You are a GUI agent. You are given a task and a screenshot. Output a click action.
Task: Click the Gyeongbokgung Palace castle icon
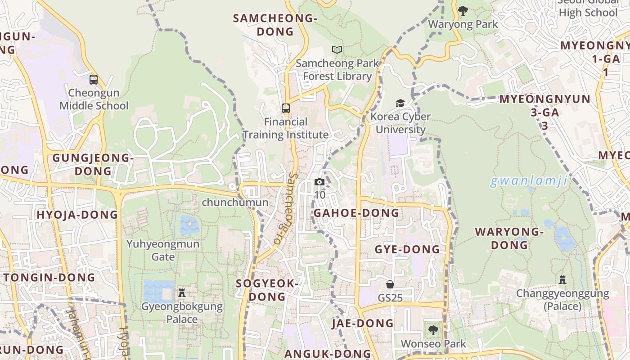(x=182, y=293)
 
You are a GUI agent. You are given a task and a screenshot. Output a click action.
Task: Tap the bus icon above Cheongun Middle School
(x=94, y=80)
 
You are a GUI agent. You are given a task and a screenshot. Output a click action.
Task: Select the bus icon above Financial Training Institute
(x=286, y=108)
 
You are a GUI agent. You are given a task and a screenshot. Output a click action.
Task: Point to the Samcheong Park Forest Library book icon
(x=337, y=50)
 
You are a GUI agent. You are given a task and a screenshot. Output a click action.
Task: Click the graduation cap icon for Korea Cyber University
(x=400, y=103)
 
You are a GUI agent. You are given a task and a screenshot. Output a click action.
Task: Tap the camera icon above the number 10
(x=319, y=182)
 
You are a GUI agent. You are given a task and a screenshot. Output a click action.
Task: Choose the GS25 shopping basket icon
(x=390, y=284)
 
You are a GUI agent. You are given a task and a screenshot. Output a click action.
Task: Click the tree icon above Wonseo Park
(x=433, y=330)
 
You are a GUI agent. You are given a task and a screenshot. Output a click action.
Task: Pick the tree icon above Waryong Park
(x=463, y=10)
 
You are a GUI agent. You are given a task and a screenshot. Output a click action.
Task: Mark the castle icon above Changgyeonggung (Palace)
(x=562, y=280)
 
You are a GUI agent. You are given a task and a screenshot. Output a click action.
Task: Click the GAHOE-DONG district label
(x=356, y=213)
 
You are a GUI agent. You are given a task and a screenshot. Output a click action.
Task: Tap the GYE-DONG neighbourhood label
(x=407, y=249)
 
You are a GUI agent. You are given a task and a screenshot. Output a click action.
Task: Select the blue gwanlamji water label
(x=528, y=181)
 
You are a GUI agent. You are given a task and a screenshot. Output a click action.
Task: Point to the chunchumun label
(x=235, y=202)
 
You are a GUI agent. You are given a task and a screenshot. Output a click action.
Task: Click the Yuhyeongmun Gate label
(x=163, y=250)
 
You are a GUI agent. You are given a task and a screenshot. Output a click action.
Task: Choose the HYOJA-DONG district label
(x=77, y=215)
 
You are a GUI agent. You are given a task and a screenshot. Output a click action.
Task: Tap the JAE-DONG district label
(x=363, y=323)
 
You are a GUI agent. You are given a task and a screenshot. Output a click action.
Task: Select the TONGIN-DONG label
(x=50, y=278)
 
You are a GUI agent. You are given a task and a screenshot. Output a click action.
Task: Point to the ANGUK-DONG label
(x=328, y=354)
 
